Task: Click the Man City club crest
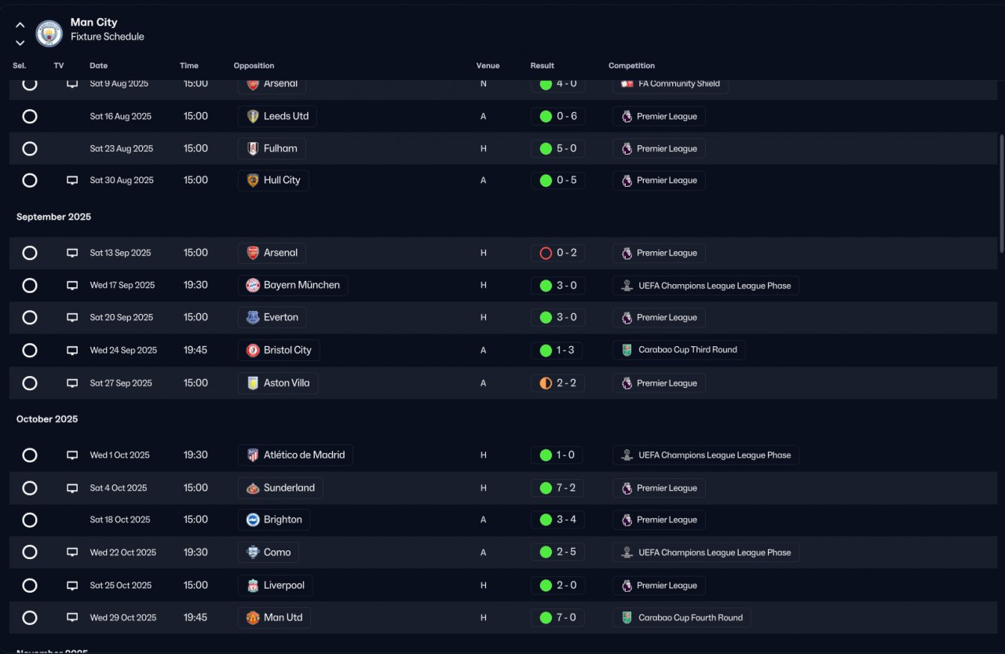49,33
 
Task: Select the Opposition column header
254,65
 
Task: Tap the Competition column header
631,65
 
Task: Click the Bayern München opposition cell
293,285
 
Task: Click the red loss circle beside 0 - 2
546,254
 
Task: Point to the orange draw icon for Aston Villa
546,383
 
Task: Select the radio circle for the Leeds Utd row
30,117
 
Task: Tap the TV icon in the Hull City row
72,181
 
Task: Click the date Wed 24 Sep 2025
123,350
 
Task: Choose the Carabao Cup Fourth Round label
690,618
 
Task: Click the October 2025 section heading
47,419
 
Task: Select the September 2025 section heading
54,217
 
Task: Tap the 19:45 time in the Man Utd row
196,618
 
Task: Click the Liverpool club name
284,586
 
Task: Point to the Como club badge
253,552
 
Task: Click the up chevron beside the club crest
20,25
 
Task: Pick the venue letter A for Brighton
483,520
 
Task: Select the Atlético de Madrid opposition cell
295,455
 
